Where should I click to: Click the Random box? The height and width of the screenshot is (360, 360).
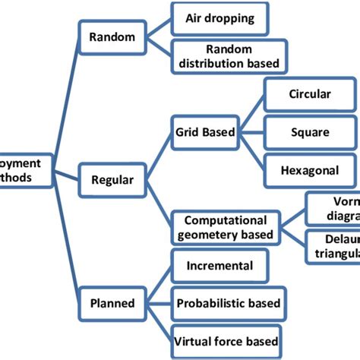(112, 37)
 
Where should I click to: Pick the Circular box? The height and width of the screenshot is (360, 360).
(309, 95)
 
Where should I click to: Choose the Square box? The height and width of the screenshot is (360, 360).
(309, 132)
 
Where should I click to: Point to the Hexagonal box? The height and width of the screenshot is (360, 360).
(309, 170)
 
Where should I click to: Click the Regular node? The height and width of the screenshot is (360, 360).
(112, 180)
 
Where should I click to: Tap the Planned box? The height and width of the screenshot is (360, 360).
(112, 303)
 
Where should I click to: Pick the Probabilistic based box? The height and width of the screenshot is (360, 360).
(228, 304)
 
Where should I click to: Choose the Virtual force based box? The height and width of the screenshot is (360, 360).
(226, 341)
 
